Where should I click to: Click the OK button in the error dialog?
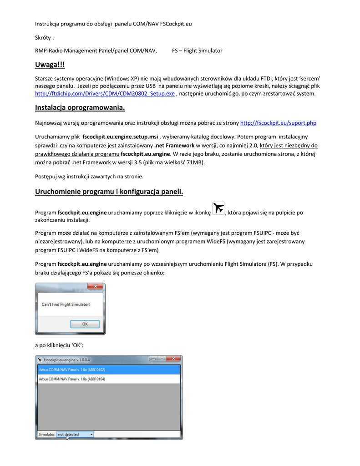click(85, 324)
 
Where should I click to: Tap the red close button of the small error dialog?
click(96, 287)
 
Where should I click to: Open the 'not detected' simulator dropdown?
click(75, 435)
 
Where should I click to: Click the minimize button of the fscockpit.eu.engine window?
click(154, 359)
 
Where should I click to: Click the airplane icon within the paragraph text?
click(218, 208)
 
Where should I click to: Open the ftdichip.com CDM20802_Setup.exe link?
click(105, 94)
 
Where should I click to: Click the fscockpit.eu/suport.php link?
click(278, 123)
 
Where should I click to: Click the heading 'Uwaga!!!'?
click(50, 66)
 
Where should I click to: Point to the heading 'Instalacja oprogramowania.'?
click(80, 108)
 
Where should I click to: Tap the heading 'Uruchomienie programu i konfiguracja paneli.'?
click(109, 192)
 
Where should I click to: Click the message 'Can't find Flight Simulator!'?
click(66, 304)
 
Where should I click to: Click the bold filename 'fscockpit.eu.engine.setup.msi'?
click(120, 137)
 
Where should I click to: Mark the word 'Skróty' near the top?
click(44, 37)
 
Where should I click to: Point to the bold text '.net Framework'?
click(174, 146)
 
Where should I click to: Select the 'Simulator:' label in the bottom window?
click(47, 435)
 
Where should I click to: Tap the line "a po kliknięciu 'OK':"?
click(59, 345)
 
